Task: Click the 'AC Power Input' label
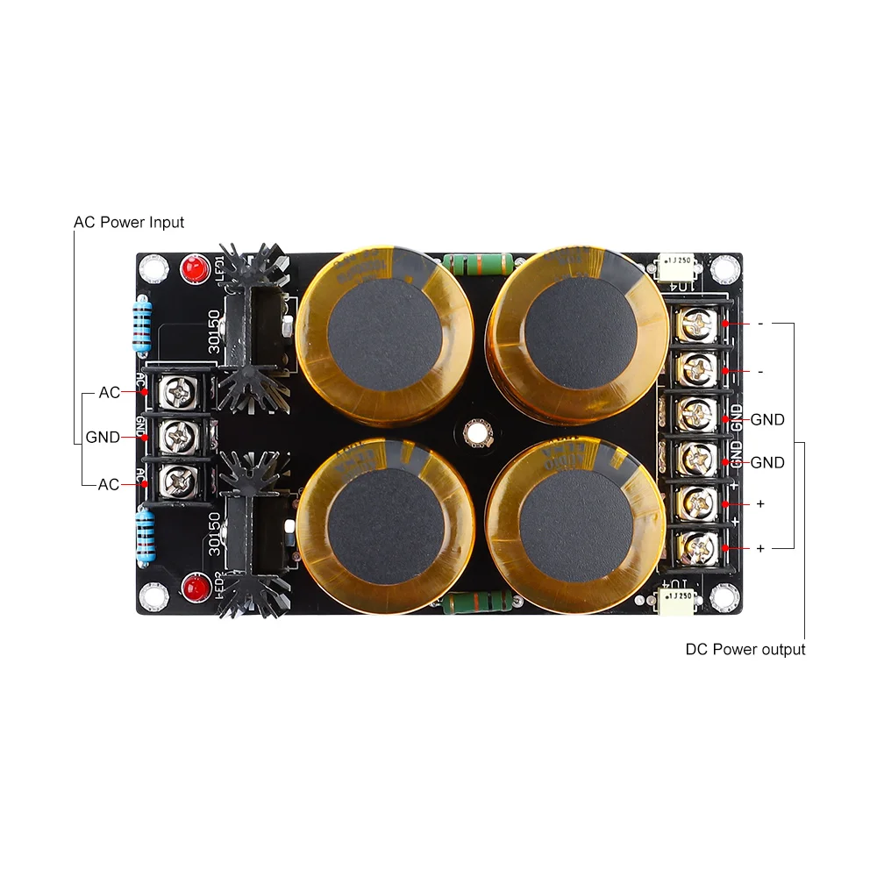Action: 129,222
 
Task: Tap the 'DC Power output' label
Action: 745,650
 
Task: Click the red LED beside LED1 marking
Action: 193,268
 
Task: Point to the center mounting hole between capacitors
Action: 477,431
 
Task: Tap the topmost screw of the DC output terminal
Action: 695,324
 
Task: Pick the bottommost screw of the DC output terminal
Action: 695,548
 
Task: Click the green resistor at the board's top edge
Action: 478,262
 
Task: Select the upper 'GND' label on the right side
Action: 767,420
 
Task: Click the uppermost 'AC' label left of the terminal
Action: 110,393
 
